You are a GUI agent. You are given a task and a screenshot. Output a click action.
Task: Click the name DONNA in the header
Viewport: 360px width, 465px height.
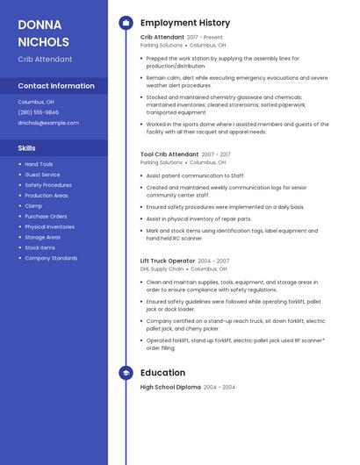point(40,25)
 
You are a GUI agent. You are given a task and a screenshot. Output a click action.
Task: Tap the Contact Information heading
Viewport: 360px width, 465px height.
point(56,86)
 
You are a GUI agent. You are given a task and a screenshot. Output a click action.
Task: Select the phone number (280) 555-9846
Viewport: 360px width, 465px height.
point(39,112)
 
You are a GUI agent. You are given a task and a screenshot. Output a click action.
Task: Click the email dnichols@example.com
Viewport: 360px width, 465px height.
point(48,123)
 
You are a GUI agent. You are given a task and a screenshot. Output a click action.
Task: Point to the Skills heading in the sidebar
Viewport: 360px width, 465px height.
point(26,147)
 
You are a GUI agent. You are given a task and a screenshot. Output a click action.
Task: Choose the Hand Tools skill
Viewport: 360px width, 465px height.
point(39,164)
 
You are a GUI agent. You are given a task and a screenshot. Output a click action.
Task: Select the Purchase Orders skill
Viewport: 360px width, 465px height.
point(46,216)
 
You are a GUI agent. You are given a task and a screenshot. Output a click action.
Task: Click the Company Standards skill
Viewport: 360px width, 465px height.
point(51,258)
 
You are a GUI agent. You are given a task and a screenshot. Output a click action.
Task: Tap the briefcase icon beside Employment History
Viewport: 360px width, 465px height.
point(126,23)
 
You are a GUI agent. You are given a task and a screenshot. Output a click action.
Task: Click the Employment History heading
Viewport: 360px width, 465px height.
point(185,23)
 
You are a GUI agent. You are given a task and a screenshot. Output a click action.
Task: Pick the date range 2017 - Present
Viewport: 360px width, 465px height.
point(205,38)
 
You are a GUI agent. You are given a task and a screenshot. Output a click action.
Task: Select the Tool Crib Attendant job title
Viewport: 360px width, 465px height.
point(169,154)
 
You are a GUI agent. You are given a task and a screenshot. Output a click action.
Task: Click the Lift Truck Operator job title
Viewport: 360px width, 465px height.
point(167,261)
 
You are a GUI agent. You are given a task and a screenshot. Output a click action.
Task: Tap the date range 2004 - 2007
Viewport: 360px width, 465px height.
point(213,261)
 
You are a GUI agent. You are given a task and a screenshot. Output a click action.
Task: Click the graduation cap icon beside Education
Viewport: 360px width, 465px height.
point(126,372)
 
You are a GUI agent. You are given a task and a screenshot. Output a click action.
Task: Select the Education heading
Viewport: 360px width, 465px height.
point(162,372)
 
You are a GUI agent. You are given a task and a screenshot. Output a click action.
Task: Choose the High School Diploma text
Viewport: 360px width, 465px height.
point(170,387)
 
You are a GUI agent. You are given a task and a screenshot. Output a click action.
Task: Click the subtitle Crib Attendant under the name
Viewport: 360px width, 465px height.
point(45,59)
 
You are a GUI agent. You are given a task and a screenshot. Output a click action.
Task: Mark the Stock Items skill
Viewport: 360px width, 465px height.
point(40,247)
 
